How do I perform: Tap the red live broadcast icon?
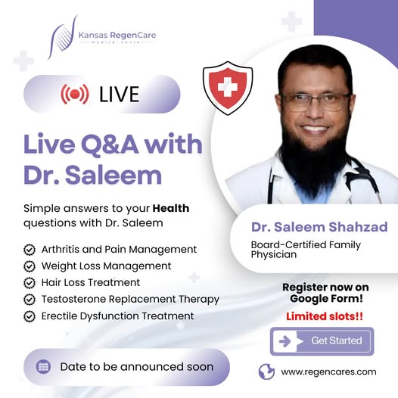[x=75, y=94]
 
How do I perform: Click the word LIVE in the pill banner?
[x=119, y=95]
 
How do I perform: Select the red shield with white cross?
[x=228, y=88]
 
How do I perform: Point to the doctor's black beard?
[x=314, y=163]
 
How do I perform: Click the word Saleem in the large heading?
[x=113, y=176]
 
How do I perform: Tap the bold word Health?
[x=171, y=208]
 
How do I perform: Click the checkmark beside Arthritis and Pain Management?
[x=30, y=250]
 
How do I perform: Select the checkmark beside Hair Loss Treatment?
[x=30, y=283]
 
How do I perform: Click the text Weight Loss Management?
[x=107, y=266]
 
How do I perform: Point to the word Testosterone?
[x=73, y=299]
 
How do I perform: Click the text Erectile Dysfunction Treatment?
[x=118, y=316]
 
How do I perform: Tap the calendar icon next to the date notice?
[x=43, y=367]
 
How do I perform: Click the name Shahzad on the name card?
[x=358, y=227]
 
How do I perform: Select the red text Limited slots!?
[x=325, y=316]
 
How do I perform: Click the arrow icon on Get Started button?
[x=285, y=341]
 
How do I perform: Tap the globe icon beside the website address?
[x=266, y=372]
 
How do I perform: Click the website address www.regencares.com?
[x=328, y=372]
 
